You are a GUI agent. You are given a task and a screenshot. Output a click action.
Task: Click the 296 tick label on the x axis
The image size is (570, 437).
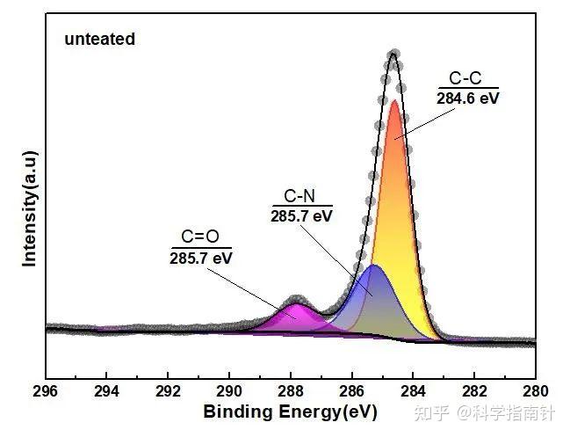[x=45, y=391]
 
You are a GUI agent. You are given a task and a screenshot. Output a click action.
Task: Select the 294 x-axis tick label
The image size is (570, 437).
[x=106, y=391]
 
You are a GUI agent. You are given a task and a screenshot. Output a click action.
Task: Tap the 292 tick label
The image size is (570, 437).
[x=168, y=391]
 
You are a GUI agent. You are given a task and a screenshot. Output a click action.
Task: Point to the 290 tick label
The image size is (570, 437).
[x=229, y=391]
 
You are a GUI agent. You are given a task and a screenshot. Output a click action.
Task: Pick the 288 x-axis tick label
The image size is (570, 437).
[x=291, y=391]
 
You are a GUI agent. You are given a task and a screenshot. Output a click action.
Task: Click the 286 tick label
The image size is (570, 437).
[x=352, y=391]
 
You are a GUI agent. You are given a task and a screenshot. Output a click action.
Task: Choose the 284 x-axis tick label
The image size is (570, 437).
[x=414, y=391]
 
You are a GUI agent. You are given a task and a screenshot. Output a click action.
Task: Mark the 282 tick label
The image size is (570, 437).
[x=475, y=391]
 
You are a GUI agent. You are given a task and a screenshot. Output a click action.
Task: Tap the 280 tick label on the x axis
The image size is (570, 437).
[x=536, y=391]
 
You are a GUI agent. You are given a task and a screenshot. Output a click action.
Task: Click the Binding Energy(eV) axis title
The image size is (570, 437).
[x=290, y=412]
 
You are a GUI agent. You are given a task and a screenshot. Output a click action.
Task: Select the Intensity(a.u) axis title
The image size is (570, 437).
[x=30, y=208]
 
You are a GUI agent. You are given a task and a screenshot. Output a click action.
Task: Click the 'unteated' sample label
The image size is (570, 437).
[x=99, y=39]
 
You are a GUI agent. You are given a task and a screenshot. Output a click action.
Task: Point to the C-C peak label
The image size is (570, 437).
[x=465, y=78]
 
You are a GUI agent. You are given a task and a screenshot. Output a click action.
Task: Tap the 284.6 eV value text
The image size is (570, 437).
[x=468, y=98]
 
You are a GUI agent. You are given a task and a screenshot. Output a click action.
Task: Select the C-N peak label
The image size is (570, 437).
[x=299, y=196]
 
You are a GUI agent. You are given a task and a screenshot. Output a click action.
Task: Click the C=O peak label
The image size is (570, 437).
[x=200, y=237]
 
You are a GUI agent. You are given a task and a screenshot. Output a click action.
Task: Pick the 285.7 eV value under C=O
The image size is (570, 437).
[x=200, y=258]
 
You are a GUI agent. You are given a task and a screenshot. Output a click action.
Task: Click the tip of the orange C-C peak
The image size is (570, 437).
[x=394, y=100]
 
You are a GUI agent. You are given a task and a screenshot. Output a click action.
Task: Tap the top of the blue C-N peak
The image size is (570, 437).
[x=373, y=265]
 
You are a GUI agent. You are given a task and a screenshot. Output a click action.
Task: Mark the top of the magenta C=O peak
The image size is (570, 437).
[x=296, y=304]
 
